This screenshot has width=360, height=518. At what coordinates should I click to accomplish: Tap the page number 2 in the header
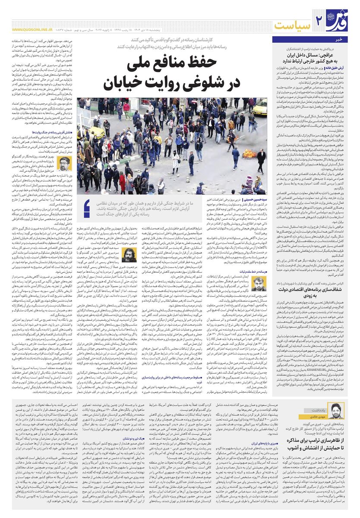click(319, 19)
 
